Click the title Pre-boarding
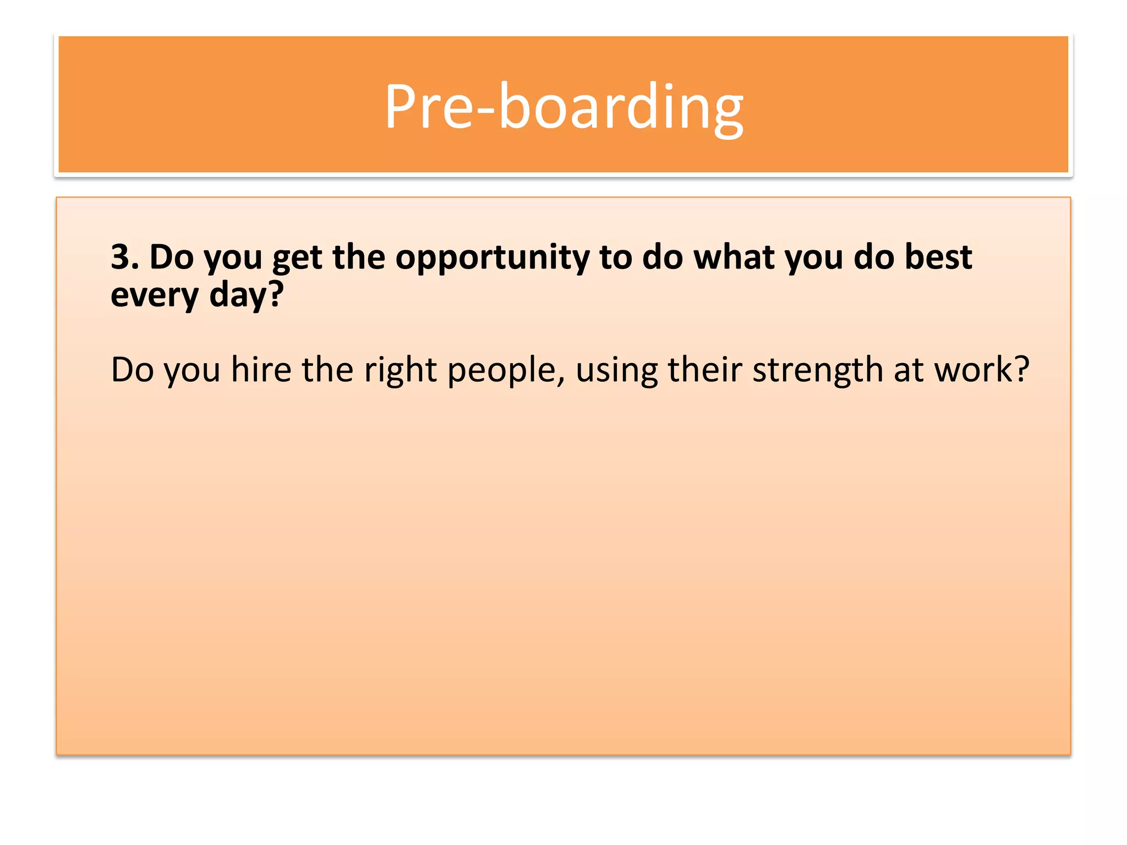pos(563,107)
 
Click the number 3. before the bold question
pos(124,257)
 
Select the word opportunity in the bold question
pos(492,259)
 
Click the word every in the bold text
pos(154,296)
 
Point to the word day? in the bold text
pos(246,296)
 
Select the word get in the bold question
pos(297,259)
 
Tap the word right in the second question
pos(400,370)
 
